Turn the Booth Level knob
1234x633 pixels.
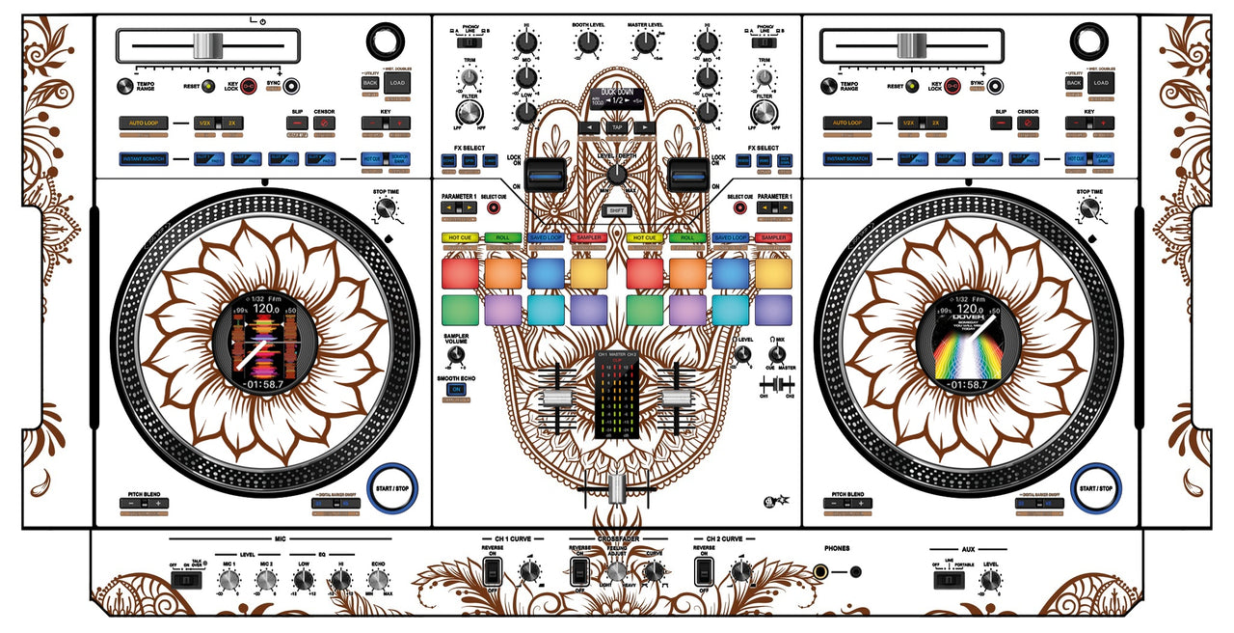point(587,41)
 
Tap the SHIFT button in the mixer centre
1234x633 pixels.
point(616,210)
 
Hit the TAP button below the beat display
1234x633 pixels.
point(616,127)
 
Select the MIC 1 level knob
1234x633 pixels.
point(229,580)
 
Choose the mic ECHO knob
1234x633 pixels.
point(378,579)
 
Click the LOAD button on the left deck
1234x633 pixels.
point(398,84)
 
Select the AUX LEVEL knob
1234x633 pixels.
point(991,580)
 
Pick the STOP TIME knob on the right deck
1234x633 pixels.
point(1089,208)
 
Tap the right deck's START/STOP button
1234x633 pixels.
point(1096,488)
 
